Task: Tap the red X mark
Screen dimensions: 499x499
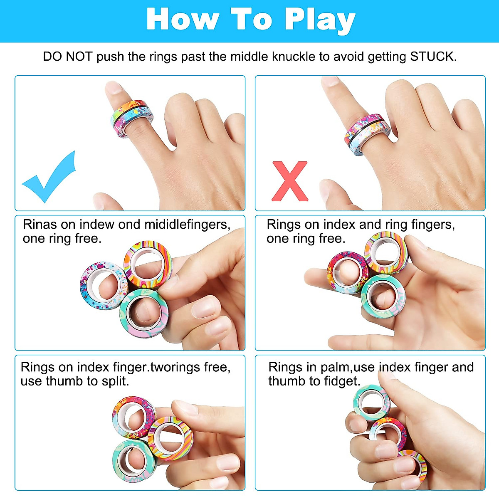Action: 290,181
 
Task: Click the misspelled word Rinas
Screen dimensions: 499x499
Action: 40,225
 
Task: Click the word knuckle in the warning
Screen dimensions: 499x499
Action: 294,56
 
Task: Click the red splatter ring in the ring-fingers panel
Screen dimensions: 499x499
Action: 348,272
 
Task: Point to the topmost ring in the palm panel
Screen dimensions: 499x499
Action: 371,403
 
